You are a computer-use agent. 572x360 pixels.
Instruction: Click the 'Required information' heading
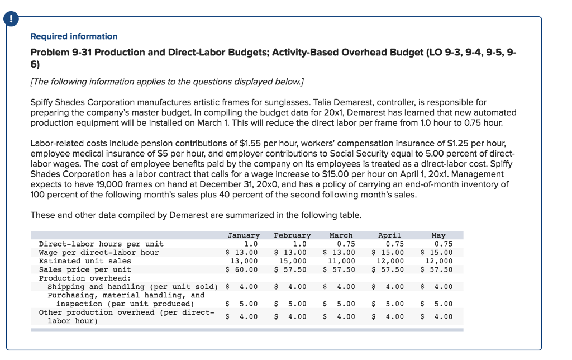pyautogui.click(x=74, y=36)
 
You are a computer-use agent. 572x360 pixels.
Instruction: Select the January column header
pyautogui.click(x=244, y=235)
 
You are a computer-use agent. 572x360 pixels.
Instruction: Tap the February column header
pyautogui.click(x=292, y=235)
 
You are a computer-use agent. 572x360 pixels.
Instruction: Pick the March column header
pyautogui.click(x=341, y=235)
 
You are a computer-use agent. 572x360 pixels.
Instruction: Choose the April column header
pyautogui.click(x=390, y=235)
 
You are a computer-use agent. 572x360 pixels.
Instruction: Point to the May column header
pyautogui.click(x=439, y=235)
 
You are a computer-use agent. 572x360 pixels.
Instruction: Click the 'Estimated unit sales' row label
pyautogui.click(x=85, y=260)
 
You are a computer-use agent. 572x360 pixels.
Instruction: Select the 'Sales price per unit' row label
pyautogui.click(x=85, y=269)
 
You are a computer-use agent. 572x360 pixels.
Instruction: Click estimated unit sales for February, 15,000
pyautogui.click(x=293, y=260)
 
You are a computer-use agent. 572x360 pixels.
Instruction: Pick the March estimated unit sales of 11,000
pyautogui.click(x=341, y=260)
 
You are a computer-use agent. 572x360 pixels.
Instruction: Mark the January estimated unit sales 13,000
pyautogui.click(x=244, y=260)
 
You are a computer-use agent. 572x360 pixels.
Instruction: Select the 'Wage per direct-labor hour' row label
pyautogui.click(x=98, y=252)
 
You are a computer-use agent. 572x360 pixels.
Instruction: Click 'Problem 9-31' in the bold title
pyautogui.click(x=58, y=53)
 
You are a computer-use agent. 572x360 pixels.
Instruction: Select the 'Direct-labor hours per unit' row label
pyautogui.click(x=101, y=244)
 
